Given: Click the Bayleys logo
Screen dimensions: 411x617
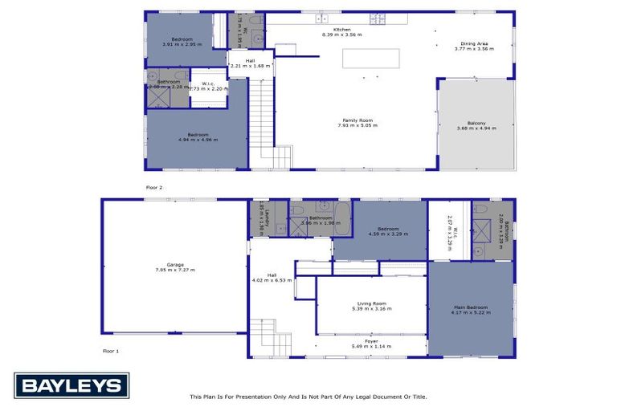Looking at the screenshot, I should [71, 386].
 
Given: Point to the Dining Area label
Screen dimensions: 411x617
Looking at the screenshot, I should [474, 44].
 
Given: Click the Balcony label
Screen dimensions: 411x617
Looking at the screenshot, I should [477, 124].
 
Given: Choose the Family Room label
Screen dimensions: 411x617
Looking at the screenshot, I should [358, 122].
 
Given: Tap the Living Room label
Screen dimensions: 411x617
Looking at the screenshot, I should [370, 305].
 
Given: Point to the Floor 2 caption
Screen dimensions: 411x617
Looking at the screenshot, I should [154, 187].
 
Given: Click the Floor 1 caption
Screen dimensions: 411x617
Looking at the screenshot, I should [110, 351].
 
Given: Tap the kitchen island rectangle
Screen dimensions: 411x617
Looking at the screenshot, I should [370, 59].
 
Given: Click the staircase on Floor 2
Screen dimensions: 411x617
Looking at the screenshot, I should [262, 120].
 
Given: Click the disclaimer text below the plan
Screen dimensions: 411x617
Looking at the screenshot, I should [308, 397].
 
